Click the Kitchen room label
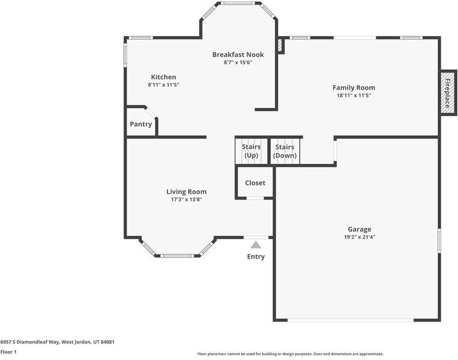point(163,77)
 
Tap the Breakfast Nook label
point(238,55)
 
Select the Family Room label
point(354,88)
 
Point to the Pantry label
point(141,124)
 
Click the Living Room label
point(186,192)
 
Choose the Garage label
point(360,229)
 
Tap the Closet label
point(255,183)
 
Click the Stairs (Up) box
point(251,151)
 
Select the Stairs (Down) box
point(285,151)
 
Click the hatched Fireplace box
point(447,93)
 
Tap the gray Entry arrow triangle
point(256,245)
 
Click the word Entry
point(256,257)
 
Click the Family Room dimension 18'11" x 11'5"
point(354,95)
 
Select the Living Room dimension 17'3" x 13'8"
point(186,200)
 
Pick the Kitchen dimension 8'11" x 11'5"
point(163,85)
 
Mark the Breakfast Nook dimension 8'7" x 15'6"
point(238,62)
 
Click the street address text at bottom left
point(57,342)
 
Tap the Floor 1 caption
point(8,352)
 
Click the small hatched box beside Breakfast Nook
point(280,46)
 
